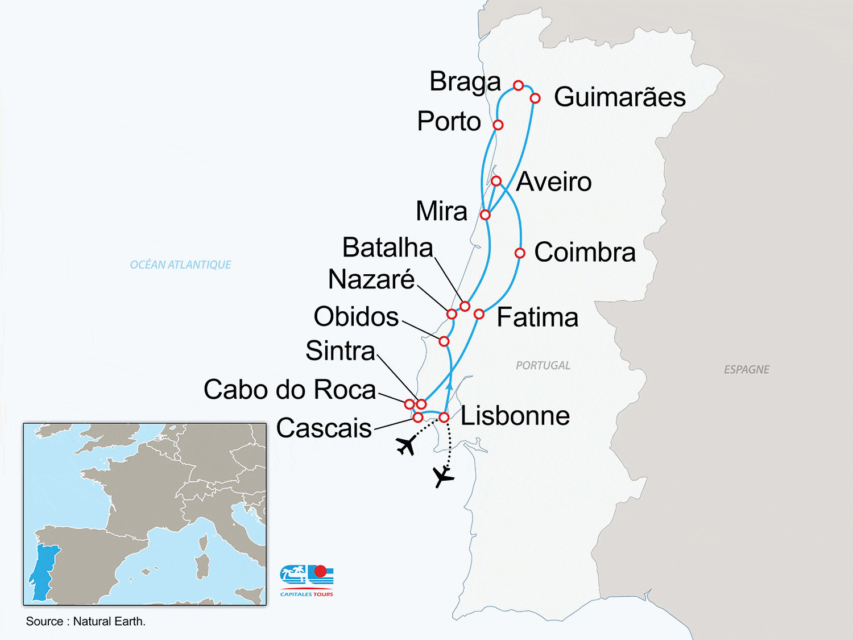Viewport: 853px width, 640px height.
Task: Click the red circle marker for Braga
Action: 518,85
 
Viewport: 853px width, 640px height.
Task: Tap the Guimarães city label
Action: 619,97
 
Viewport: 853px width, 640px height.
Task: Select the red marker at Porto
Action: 498,125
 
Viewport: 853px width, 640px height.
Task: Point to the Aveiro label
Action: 554,182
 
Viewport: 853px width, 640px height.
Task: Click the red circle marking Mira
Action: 485,214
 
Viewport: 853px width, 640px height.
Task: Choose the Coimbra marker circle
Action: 520,253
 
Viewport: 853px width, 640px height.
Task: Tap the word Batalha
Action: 387,247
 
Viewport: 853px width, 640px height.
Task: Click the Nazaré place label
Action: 371,279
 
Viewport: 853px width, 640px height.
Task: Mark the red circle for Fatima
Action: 479,314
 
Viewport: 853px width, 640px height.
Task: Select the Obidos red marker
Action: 444,341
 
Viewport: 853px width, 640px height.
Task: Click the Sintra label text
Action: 340,350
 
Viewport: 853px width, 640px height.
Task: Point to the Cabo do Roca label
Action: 289,390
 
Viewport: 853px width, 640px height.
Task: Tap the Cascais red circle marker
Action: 418,418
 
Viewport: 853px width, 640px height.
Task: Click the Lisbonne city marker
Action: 444,418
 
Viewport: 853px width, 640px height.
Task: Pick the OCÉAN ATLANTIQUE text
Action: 180,265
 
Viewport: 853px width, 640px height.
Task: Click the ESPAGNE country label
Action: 746,370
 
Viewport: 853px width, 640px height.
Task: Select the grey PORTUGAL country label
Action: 543,365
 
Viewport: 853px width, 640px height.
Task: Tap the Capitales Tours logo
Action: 307,580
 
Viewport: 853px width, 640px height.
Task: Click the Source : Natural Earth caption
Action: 86,621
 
